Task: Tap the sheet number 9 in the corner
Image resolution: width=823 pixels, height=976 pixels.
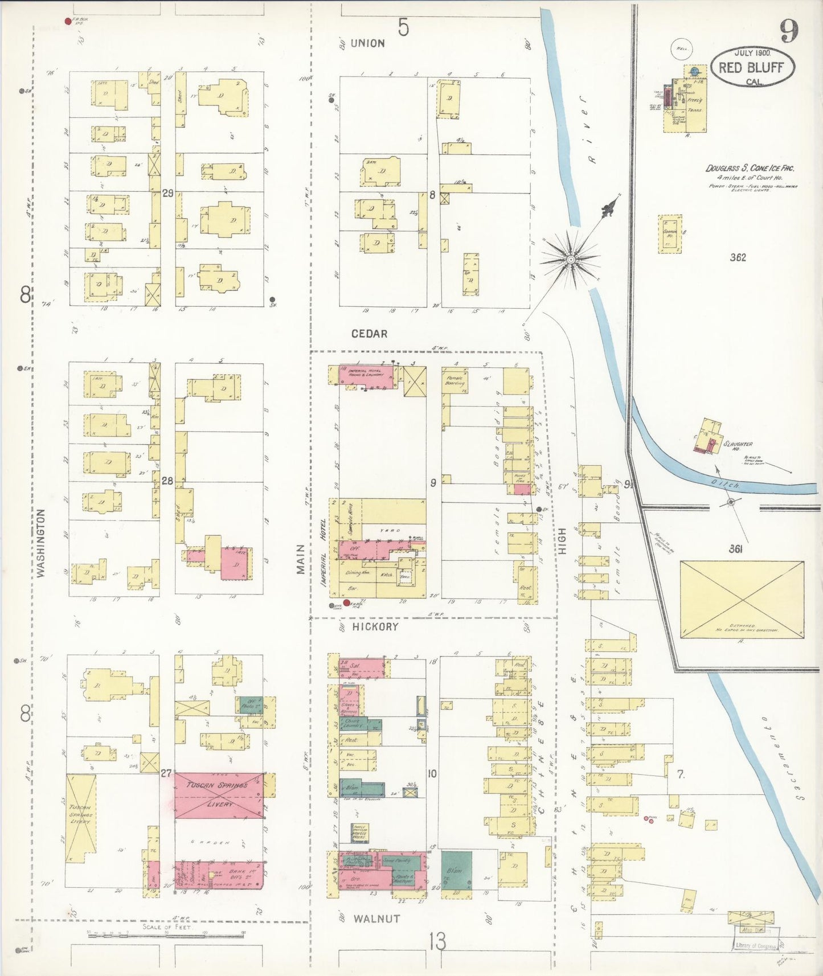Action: click(788, 31)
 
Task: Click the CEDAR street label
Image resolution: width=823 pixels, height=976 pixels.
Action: click(369, 334)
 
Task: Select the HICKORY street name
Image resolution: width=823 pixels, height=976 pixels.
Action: click(375, 626)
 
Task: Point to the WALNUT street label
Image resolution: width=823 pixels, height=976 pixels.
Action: click(376, 918)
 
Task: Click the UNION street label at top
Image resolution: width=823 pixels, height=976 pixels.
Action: click(367, 43)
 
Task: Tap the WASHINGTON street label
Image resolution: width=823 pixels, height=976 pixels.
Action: click(41, 544)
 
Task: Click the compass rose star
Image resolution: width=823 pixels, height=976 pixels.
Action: click(570, 260)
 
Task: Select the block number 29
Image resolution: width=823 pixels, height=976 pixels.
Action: click(167, 193)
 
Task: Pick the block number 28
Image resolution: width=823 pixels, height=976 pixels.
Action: click(167, 481)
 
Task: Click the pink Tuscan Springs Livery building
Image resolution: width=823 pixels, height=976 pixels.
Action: click(219, 795)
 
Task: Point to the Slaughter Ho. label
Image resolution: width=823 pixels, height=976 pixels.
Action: click(738, 444)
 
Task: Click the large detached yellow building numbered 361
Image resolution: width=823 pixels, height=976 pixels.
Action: click(742, 599)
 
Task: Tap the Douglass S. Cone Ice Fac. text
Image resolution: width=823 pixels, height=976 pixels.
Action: click(750, 169)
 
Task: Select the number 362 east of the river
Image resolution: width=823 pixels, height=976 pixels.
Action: click(738, 257)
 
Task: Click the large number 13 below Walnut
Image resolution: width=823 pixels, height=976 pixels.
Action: click(437, 942)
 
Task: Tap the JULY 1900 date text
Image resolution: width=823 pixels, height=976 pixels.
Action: click(752, 52)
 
